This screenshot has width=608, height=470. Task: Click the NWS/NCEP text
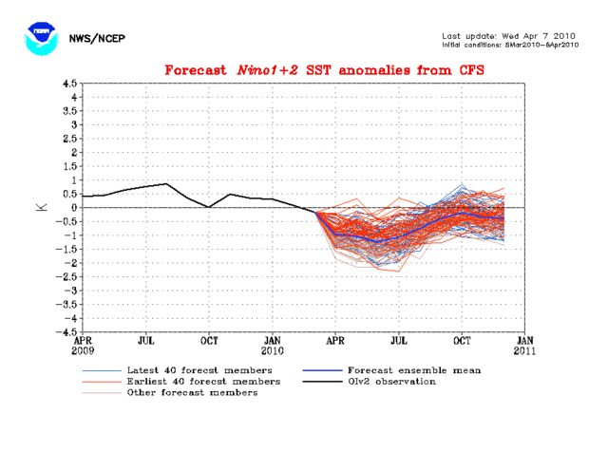pos(98,39)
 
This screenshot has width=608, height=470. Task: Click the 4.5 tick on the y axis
pos(69,83)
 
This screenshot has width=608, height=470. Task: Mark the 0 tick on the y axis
pos(73,207)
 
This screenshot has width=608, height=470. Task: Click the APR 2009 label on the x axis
pos(84,344)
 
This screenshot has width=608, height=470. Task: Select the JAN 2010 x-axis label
pos(272,344)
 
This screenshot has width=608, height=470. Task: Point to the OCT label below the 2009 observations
pos(209,339)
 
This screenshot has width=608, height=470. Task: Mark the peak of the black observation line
pos(167,183)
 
